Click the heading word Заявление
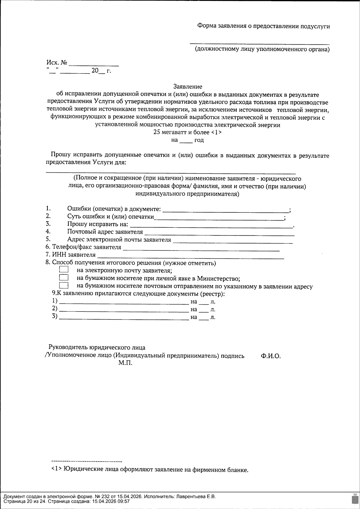(188, 87)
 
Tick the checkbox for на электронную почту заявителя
(64, 270)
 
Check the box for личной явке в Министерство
(64, 278)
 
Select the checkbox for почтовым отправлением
(64, 285)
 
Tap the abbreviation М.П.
(125, 363)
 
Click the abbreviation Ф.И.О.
(271, 356)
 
